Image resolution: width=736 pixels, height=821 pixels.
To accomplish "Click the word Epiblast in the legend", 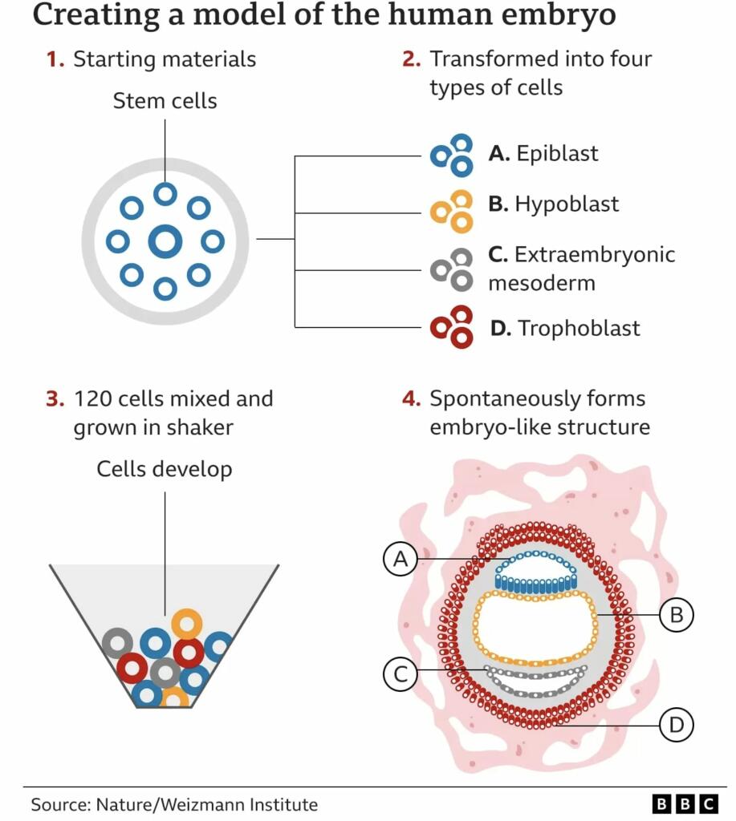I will tap(557, 153).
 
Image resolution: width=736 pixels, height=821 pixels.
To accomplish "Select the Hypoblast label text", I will tap(567, 204).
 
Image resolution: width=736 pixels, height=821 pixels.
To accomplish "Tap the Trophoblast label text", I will tap(579, 328).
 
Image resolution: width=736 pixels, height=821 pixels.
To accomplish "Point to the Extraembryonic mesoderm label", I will tap(581, 269).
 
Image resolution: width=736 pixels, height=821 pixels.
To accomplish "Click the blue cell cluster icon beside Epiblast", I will tap(452, 155).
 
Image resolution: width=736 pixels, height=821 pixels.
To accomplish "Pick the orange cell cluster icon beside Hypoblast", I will tap(452, 211).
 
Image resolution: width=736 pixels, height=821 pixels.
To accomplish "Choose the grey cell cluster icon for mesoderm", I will tap(452, 269).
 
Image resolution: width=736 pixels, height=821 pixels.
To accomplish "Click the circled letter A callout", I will tap(401, 559).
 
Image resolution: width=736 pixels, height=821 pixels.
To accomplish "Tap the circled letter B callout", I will tap(676, 615).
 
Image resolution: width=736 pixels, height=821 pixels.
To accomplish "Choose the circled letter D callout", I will tap(676, 725).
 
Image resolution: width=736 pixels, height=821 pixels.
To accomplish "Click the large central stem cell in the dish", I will tap(165, 241).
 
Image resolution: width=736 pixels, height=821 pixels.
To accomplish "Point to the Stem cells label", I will tap(165, 101).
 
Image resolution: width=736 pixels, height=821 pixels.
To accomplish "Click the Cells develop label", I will tap(165, 469).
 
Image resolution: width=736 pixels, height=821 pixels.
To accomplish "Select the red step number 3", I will tap(55, 398).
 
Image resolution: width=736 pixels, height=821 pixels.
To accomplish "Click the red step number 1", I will tap(55, 59).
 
